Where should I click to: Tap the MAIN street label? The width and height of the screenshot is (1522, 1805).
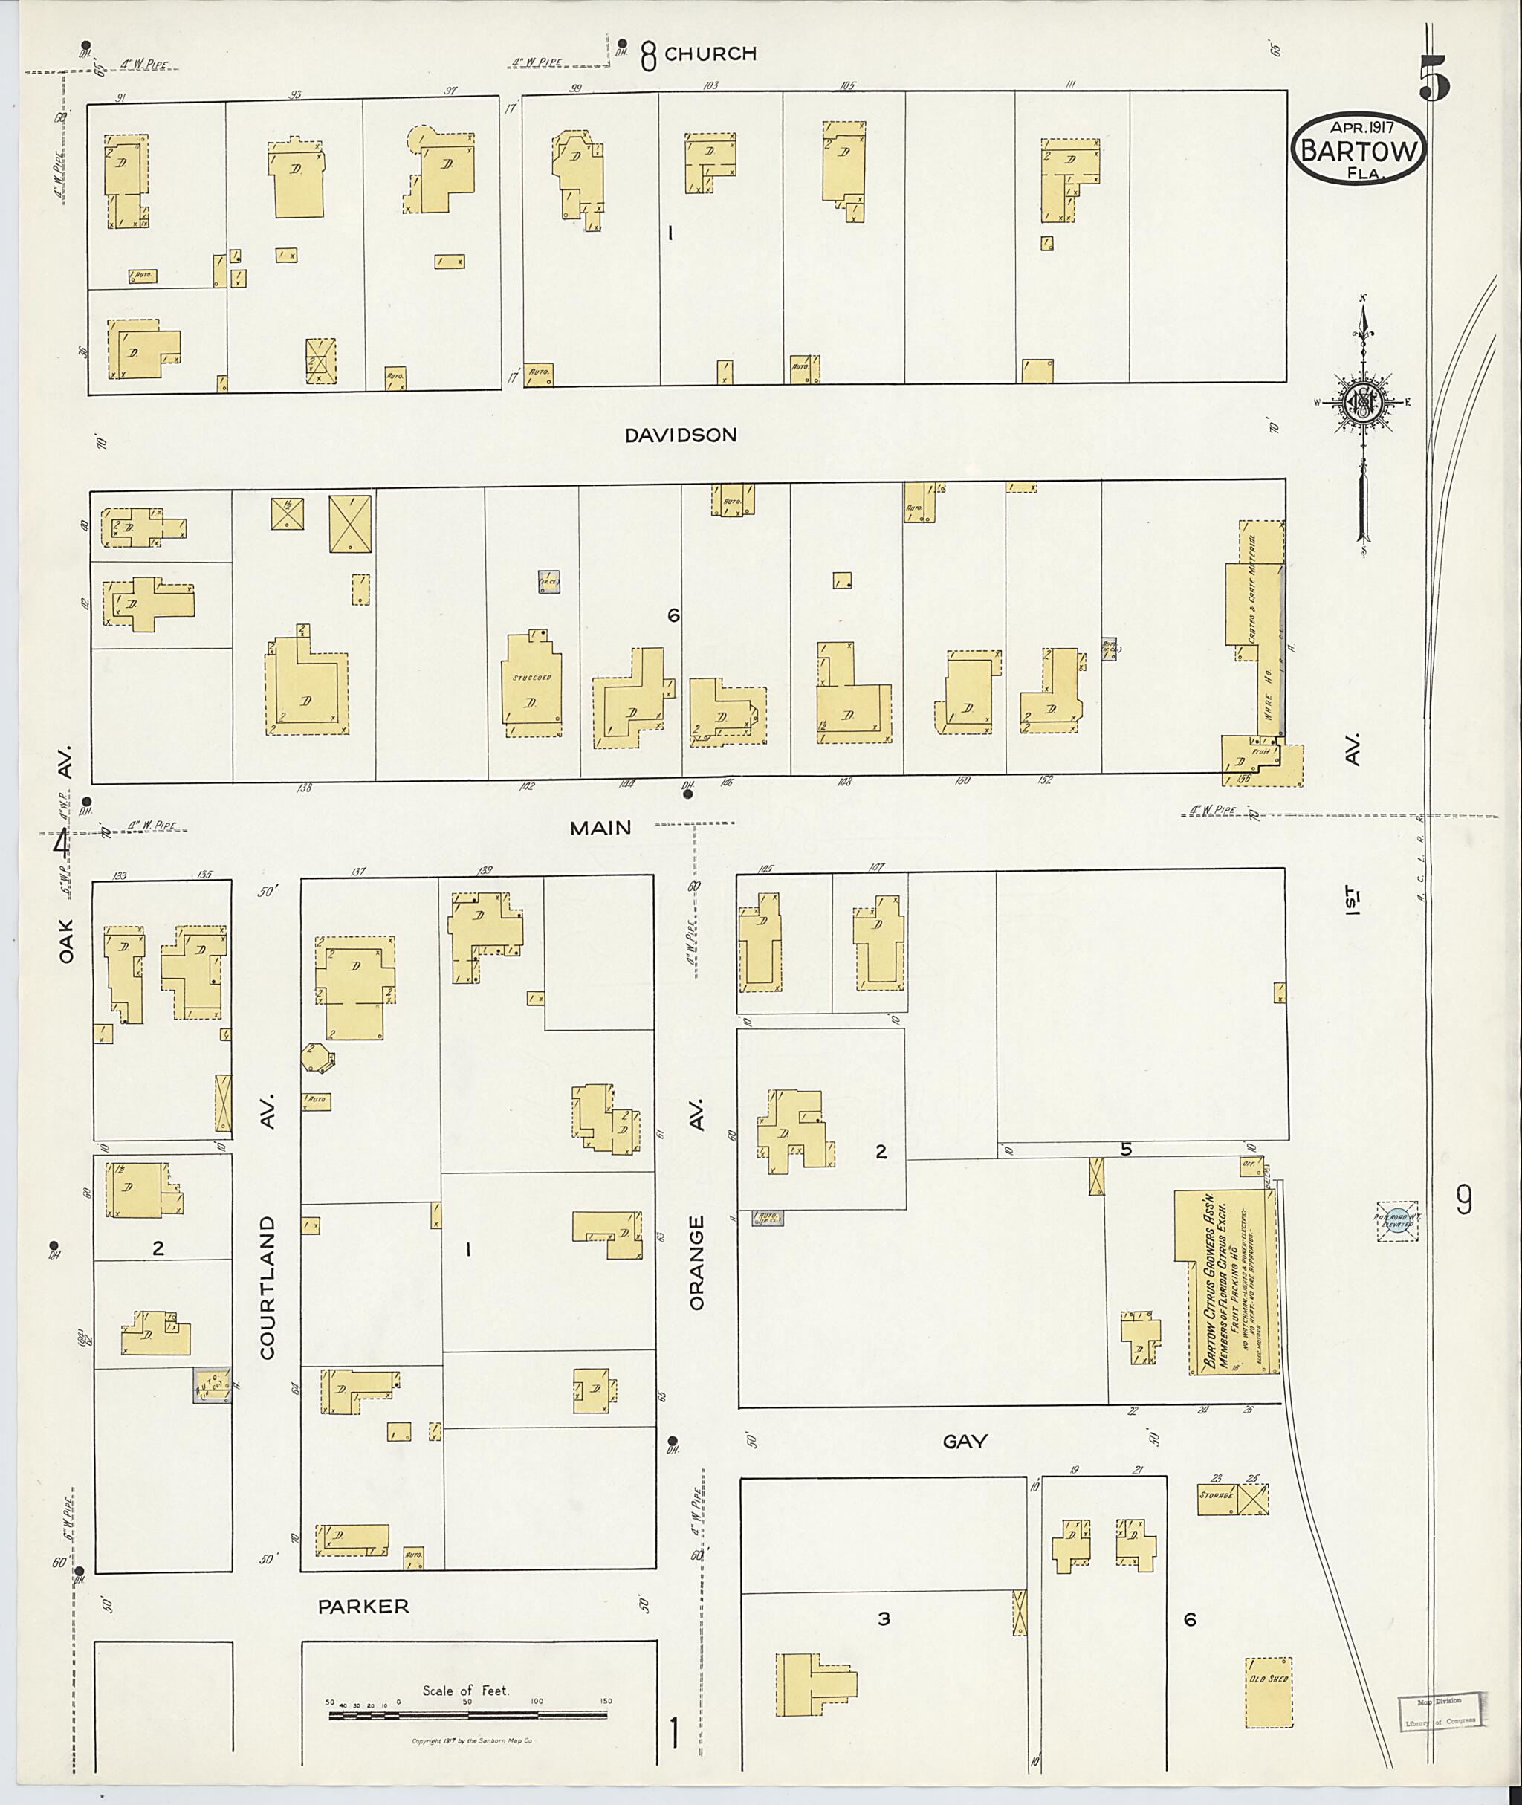[600, 827]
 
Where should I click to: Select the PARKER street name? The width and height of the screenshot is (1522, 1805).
[363, 1606]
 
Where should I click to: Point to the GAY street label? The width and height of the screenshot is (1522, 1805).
[965, 1440]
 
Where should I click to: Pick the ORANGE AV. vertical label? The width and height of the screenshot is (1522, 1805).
[697, 1208]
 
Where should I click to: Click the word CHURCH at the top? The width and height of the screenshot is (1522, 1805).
[710, 54]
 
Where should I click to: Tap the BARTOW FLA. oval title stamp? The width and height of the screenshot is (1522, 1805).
[1358, 150]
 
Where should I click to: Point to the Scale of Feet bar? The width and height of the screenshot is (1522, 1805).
[467, 1714]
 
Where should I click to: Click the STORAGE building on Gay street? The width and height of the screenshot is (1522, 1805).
[1217, 1499]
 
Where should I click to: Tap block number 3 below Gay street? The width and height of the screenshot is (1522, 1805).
[884, 1618]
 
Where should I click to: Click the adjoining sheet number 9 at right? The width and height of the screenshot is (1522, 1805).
[1464, 1200]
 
